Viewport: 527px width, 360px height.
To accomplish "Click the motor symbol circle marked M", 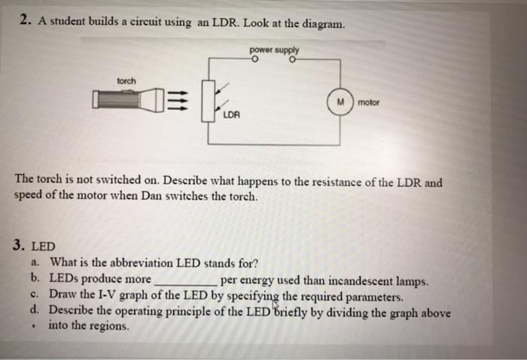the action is tap(340, 102).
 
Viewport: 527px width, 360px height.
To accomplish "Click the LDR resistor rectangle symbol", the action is tap(209, 100).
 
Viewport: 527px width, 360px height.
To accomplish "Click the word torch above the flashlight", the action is tap(126, 80).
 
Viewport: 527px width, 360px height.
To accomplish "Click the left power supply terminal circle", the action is tap(255, 59).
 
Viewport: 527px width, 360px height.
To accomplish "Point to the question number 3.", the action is tap(19, 246).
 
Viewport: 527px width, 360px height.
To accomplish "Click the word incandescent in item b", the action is tap(364, 282).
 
